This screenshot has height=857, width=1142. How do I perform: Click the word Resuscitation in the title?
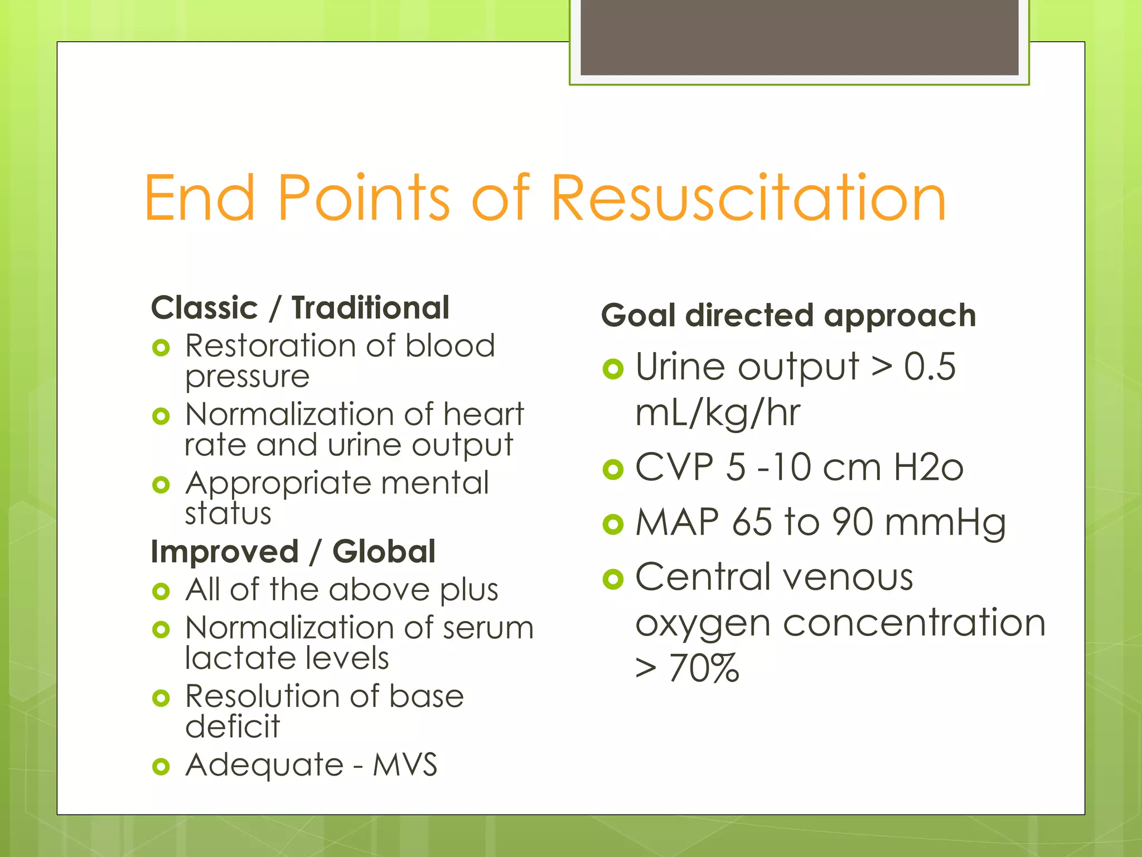tap(748, 198)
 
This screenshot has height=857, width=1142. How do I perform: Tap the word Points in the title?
tap(363, 198)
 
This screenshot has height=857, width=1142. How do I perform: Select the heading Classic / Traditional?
tap(300, 308)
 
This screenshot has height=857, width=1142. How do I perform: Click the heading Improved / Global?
tap(293, 552)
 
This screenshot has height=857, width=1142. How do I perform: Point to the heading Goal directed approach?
tap(788, 316)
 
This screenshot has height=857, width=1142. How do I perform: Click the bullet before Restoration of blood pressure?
tap(161, 348)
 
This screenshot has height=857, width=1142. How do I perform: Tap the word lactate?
tap(238, 658)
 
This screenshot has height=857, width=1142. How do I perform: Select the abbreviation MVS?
tap(405, 765)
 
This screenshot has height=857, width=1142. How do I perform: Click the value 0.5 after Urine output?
tap(930, 367)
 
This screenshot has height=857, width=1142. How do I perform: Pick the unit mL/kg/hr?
tap(718, 413)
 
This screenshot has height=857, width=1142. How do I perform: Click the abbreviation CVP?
tap(674, 467)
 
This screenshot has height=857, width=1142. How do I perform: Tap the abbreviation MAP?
tap(677, 523)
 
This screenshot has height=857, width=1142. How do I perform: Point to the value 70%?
tap(704, 668)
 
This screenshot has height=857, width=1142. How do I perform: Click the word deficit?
tap(233, 726)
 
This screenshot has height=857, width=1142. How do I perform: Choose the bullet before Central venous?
tap(613, 579)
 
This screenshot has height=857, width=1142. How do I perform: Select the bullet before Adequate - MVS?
tap(161, 767)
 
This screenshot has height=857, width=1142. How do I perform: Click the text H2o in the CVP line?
tap(928, 467)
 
